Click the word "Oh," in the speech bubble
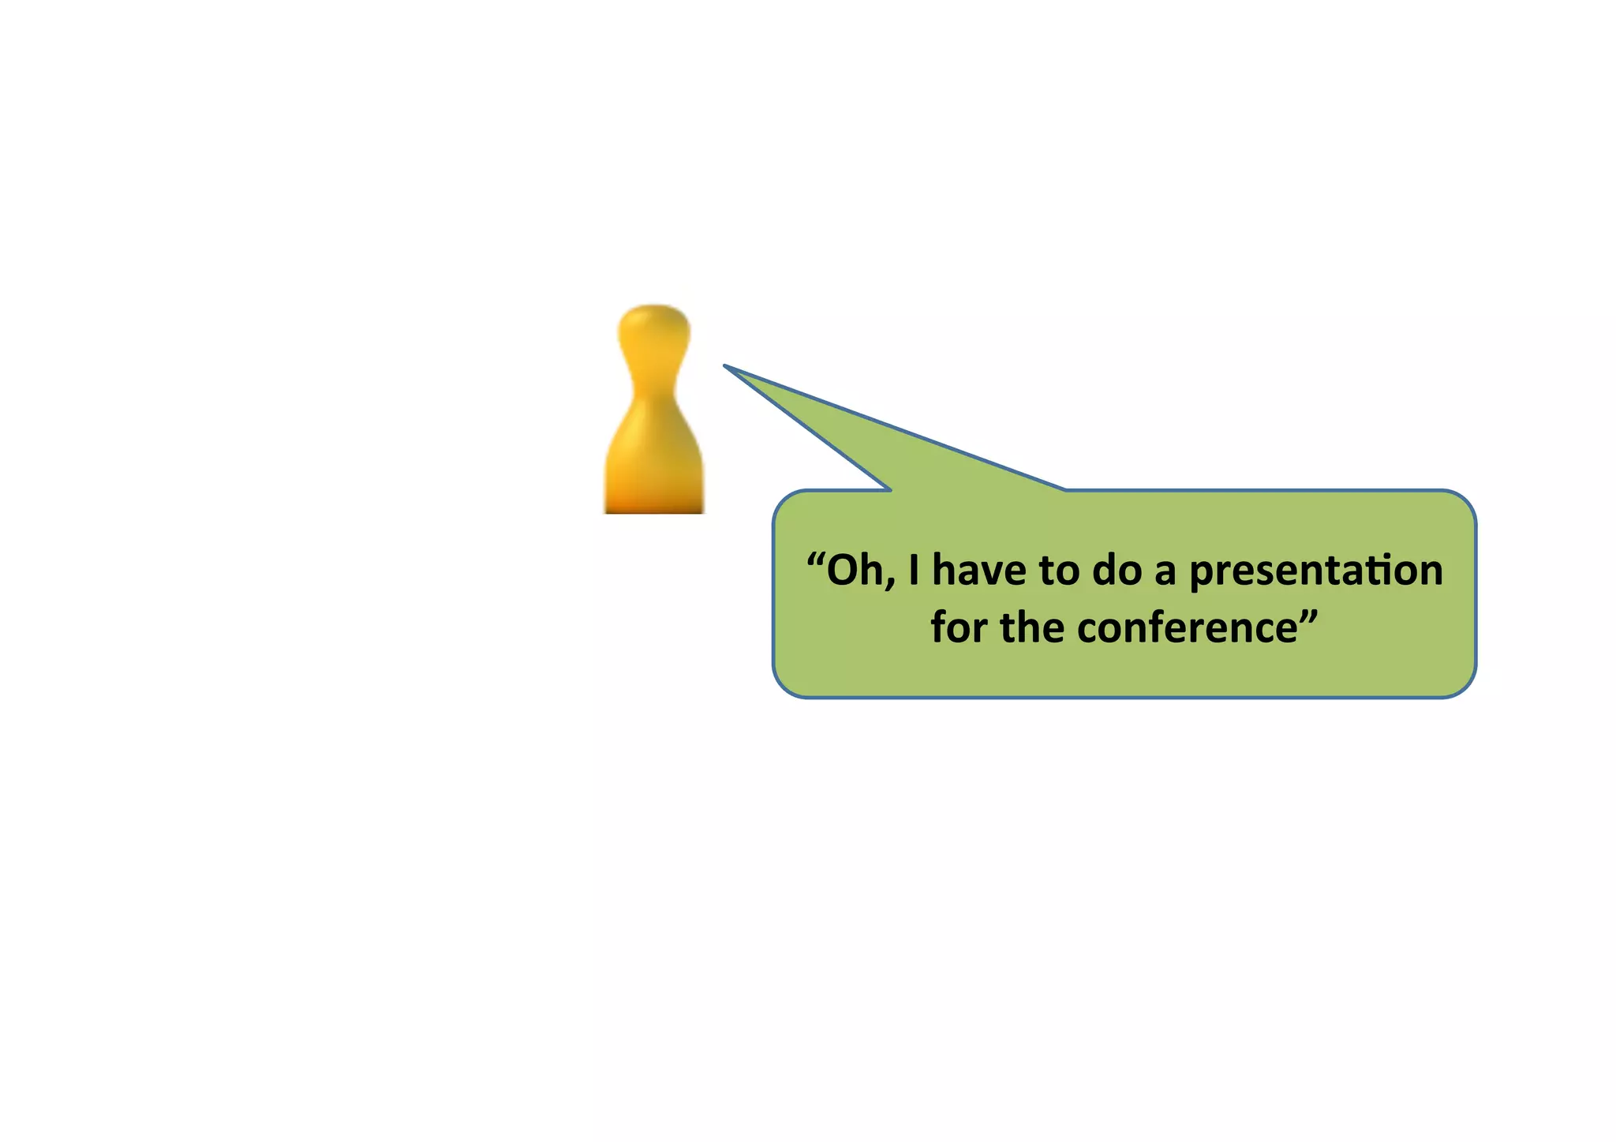pos(860,571)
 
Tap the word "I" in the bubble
pos(914,571)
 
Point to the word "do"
pos(1117,571)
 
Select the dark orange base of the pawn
pos(654,504)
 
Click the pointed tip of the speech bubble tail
pos(726,366)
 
